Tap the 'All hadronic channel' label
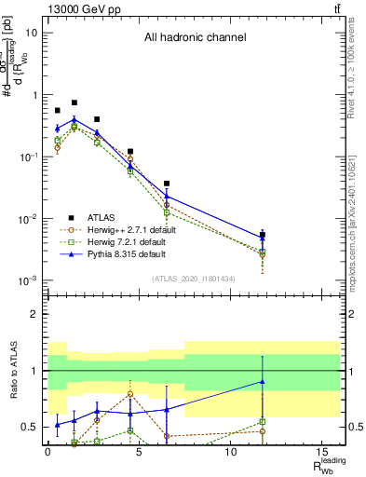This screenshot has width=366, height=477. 195,38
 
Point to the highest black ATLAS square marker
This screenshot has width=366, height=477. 75,102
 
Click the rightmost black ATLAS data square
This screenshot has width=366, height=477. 263,235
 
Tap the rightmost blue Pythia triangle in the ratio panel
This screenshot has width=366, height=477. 263,381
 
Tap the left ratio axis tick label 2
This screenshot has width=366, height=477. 33,314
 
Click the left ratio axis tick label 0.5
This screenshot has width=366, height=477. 29,428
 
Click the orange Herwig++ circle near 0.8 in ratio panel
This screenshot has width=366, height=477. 129,393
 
